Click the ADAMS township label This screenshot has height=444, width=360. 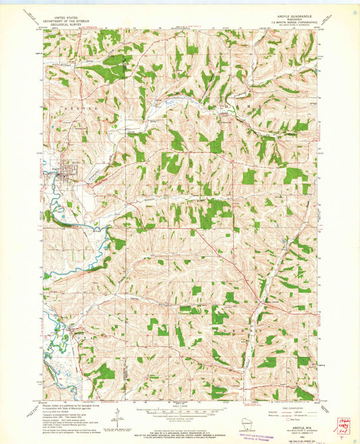(230, 107)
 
